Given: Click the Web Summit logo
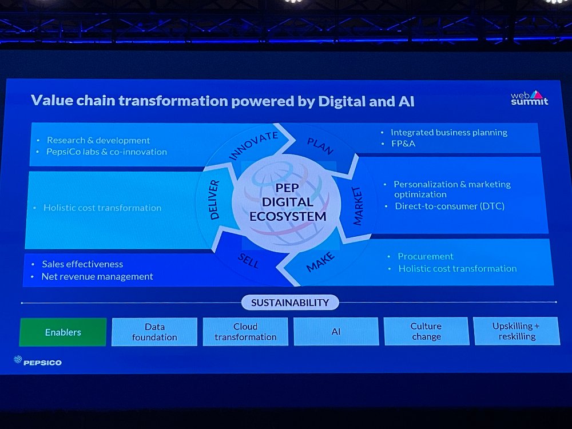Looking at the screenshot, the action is [x=529, y=98].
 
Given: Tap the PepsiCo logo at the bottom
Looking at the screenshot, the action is [x=38, y=361].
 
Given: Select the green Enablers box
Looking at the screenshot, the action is [x=63, y=332].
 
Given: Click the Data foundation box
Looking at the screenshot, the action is [x=154, y=332].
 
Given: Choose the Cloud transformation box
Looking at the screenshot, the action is [x=245, y=331].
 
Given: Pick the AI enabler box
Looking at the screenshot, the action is [x=336, y=331].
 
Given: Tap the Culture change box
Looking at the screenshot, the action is [x=426, y=331].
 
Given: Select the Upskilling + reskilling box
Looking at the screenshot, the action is [x=516, y=331].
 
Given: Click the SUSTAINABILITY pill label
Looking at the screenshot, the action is [x=290, y=303].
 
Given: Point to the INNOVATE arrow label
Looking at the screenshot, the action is [x=253, y=145].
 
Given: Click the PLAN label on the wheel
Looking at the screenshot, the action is [x=320, y=146].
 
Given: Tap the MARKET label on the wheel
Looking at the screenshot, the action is [x=357, y=206].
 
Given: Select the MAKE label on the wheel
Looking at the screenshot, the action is [x=320, y=261].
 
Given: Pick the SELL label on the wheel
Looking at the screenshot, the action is [x=248, y=260].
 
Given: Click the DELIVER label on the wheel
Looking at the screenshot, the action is [x=214, y=200].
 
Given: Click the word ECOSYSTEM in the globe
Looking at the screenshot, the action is [x=288, y=216].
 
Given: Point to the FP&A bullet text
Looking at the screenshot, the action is [x=403, y=144].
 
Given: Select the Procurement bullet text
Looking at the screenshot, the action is [x=426, y=256].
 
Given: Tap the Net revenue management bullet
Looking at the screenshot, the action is [x=97, y=276].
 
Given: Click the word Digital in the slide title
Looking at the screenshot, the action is [x=342, y=101].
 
